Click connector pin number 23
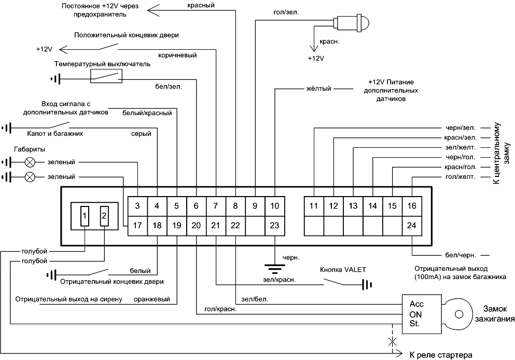[275, 225]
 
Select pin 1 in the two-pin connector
[85, 215]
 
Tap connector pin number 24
[411, 225]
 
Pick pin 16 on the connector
[411, 206]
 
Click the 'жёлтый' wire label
[318, 89]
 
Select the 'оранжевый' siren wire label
[150, 300]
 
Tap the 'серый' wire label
[141, 134]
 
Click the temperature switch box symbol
[107, 76]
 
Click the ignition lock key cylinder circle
[458, 314]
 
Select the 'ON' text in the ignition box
[416, 313]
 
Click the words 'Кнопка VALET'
[343, 269]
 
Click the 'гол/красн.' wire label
[220, 309]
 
